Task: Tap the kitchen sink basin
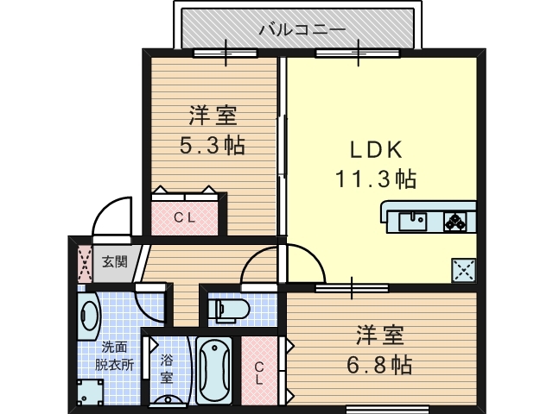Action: coord(412,221)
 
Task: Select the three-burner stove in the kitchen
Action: coord(455,222)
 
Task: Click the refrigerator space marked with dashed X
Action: coord(464,271)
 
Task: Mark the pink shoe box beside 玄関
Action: coord(84,263)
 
